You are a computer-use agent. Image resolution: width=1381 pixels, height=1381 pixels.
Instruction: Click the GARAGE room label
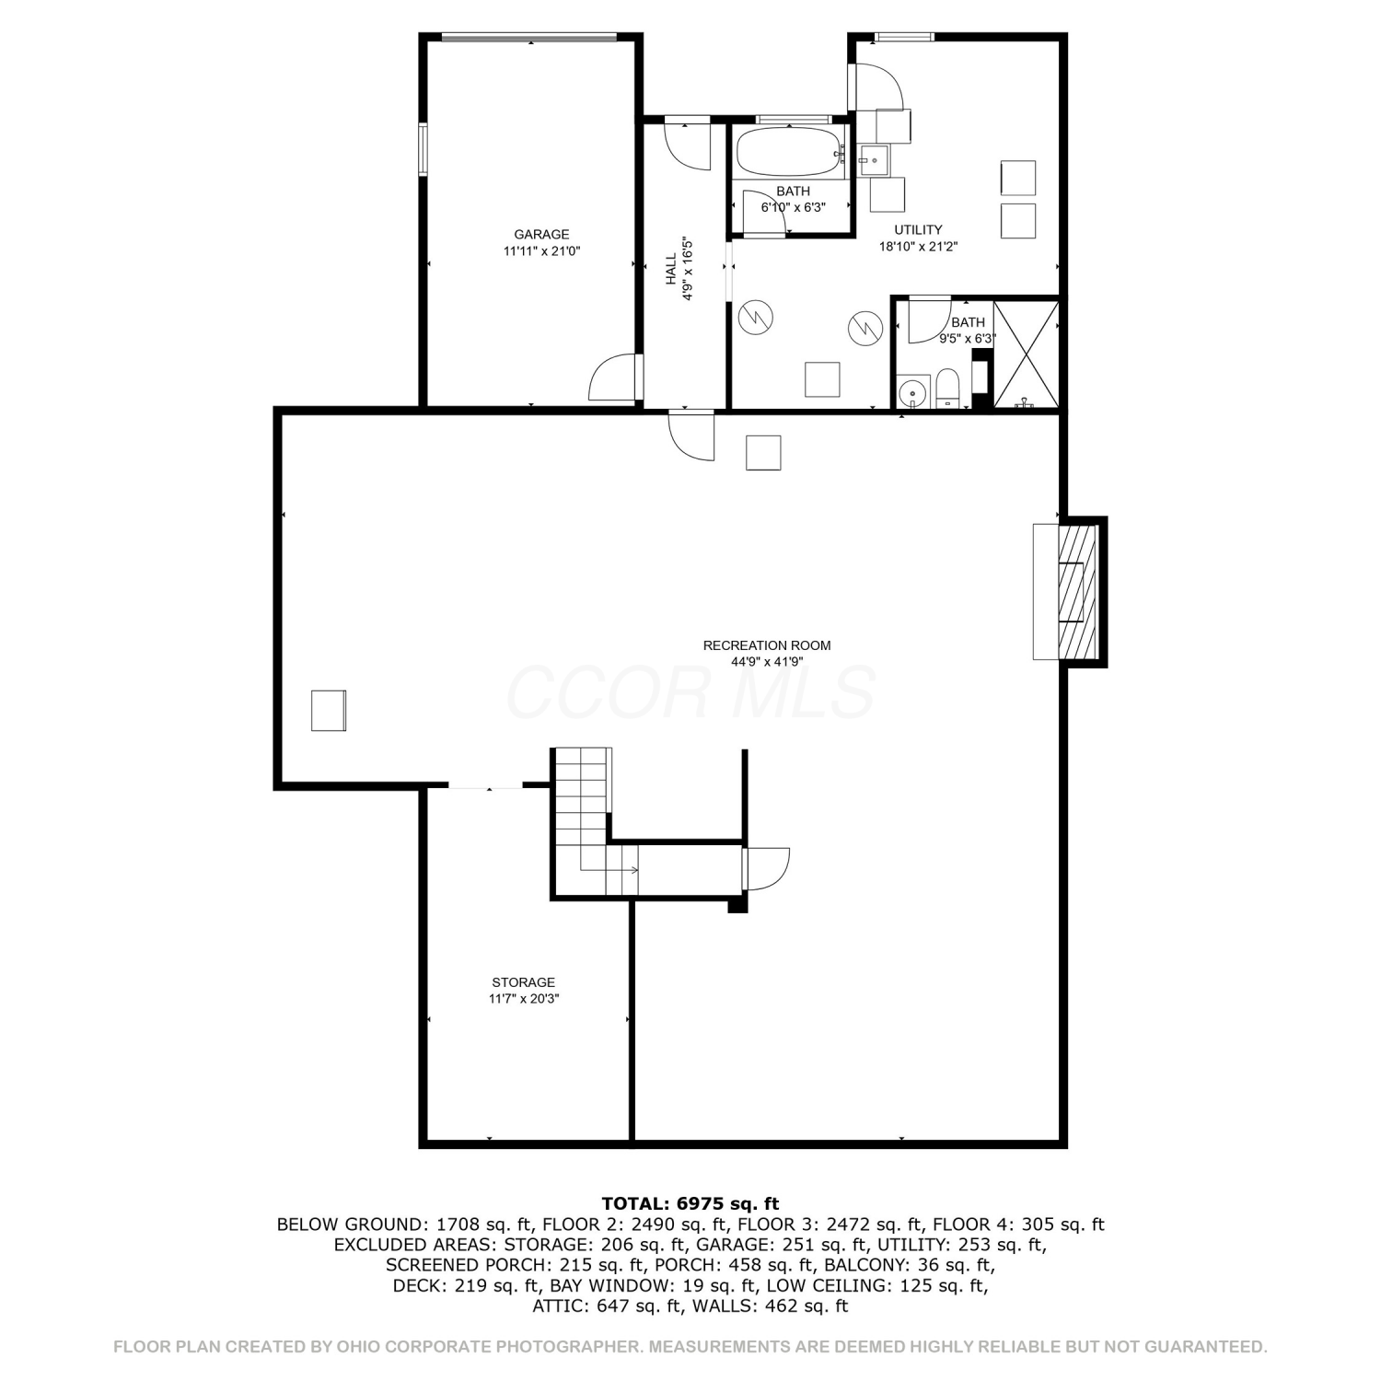coord(541,235)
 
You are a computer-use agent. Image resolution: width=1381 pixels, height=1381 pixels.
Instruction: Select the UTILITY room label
coord(918,229)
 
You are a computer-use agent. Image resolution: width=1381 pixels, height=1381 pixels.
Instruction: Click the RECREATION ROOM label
coord(767,645)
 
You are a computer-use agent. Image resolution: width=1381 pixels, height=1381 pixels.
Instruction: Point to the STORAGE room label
coord(523,982)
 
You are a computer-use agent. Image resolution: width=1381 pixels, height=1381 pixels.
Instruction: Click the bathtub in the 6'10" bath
coord(789,152)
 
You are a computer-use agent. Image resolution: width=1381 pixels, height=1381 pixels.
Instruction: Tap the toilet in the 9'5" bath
coord(947,387)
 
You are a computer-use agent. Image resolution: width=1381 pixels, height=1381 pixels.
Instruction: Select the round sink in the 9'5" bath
coord(912,392)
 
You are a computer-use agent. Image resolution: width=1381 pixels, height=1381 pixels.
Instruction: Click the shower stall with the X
coord(1026,354)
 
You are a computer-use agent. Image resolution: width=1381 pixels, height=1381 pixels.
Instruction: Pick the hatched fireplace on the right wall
coord(1078,592)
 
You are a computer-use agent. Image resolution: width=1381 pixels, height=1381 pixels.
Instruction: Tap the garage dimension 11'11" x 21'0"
coord(541,250)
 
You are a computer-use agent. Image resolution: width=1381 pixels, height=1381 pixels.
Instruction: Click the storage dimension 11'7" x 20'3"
coord(524,998)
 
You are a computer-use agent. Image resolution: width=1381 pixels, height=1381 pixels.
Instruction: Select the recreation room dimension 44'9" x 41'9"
coord(767,661)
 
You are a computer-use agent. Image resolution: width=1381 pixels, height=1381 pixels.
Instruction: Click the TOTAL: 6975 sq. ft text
coord(690,1203)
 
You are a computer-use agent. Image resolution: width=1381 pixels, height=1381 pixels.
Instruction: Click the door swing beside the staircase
coord(766,868)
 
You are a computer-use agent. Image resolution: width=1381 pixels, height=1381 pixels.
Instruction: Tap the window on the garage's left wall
coord(424,149)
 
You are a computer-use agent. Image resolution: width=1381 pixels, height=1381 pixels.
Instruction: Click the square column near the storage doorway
coord(329,710)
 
